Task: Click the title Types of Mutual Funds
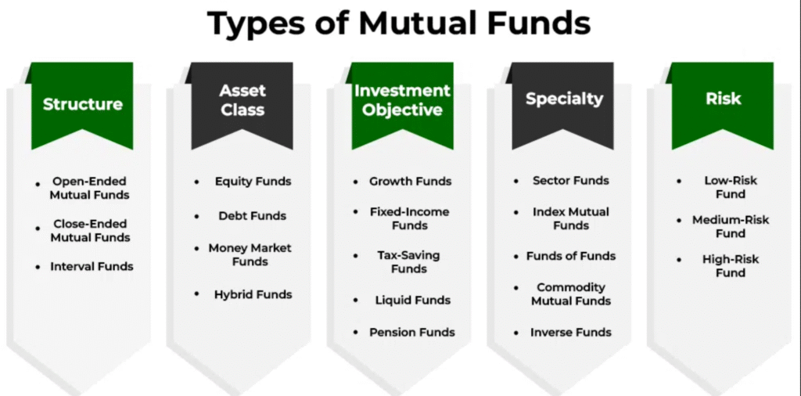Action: pyautogui.click(x=399, y=24)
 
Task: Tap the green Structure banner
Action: pyautogui.click(x=82, y=105)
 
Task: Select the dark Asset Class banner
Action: pyautogui.click(x=242, y=105)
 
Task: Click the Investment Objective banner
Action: pyautogui.click(x=403, y=105)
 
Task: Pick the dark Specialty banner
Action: pyautogui.click(x=563, y=105)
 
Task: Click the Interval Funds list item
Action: pyautogui.click(x=92, y=266)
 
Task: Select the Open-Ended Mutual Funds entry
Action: pyautogui.click(x=91, y=188)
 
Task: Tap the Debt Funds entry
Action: pyautogui.click(x=253, y=216)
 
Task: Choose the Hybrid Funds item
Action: pyautogui.click(x=253, y=294)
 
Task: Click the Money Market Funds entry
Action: pyautogui.click(x=250, y=254)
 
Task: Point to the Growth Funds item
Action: pyautogui.click(x=410, y=182)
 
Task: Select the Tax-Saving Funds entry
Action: pyautogui.click(x=408, y=261)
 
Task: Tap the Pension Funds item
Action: pyautogui.click(x=411, y=332)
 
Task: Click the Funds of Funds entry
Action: pyautogui.click(x=570, y=255)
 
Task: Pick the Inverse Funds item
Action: pyautogui.click(x=570, y=332)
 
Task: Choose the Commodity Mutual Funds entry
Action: pyautogui.click(x=570, y=293)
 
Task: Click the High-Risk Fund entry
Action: pyautogui.click(x=731, y=266)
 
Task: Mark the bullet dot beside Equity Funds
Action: pyautogui.click(x=196, y=182)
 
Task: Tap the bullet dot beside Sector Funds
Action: pyautogui.click(x=516, y=181)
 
